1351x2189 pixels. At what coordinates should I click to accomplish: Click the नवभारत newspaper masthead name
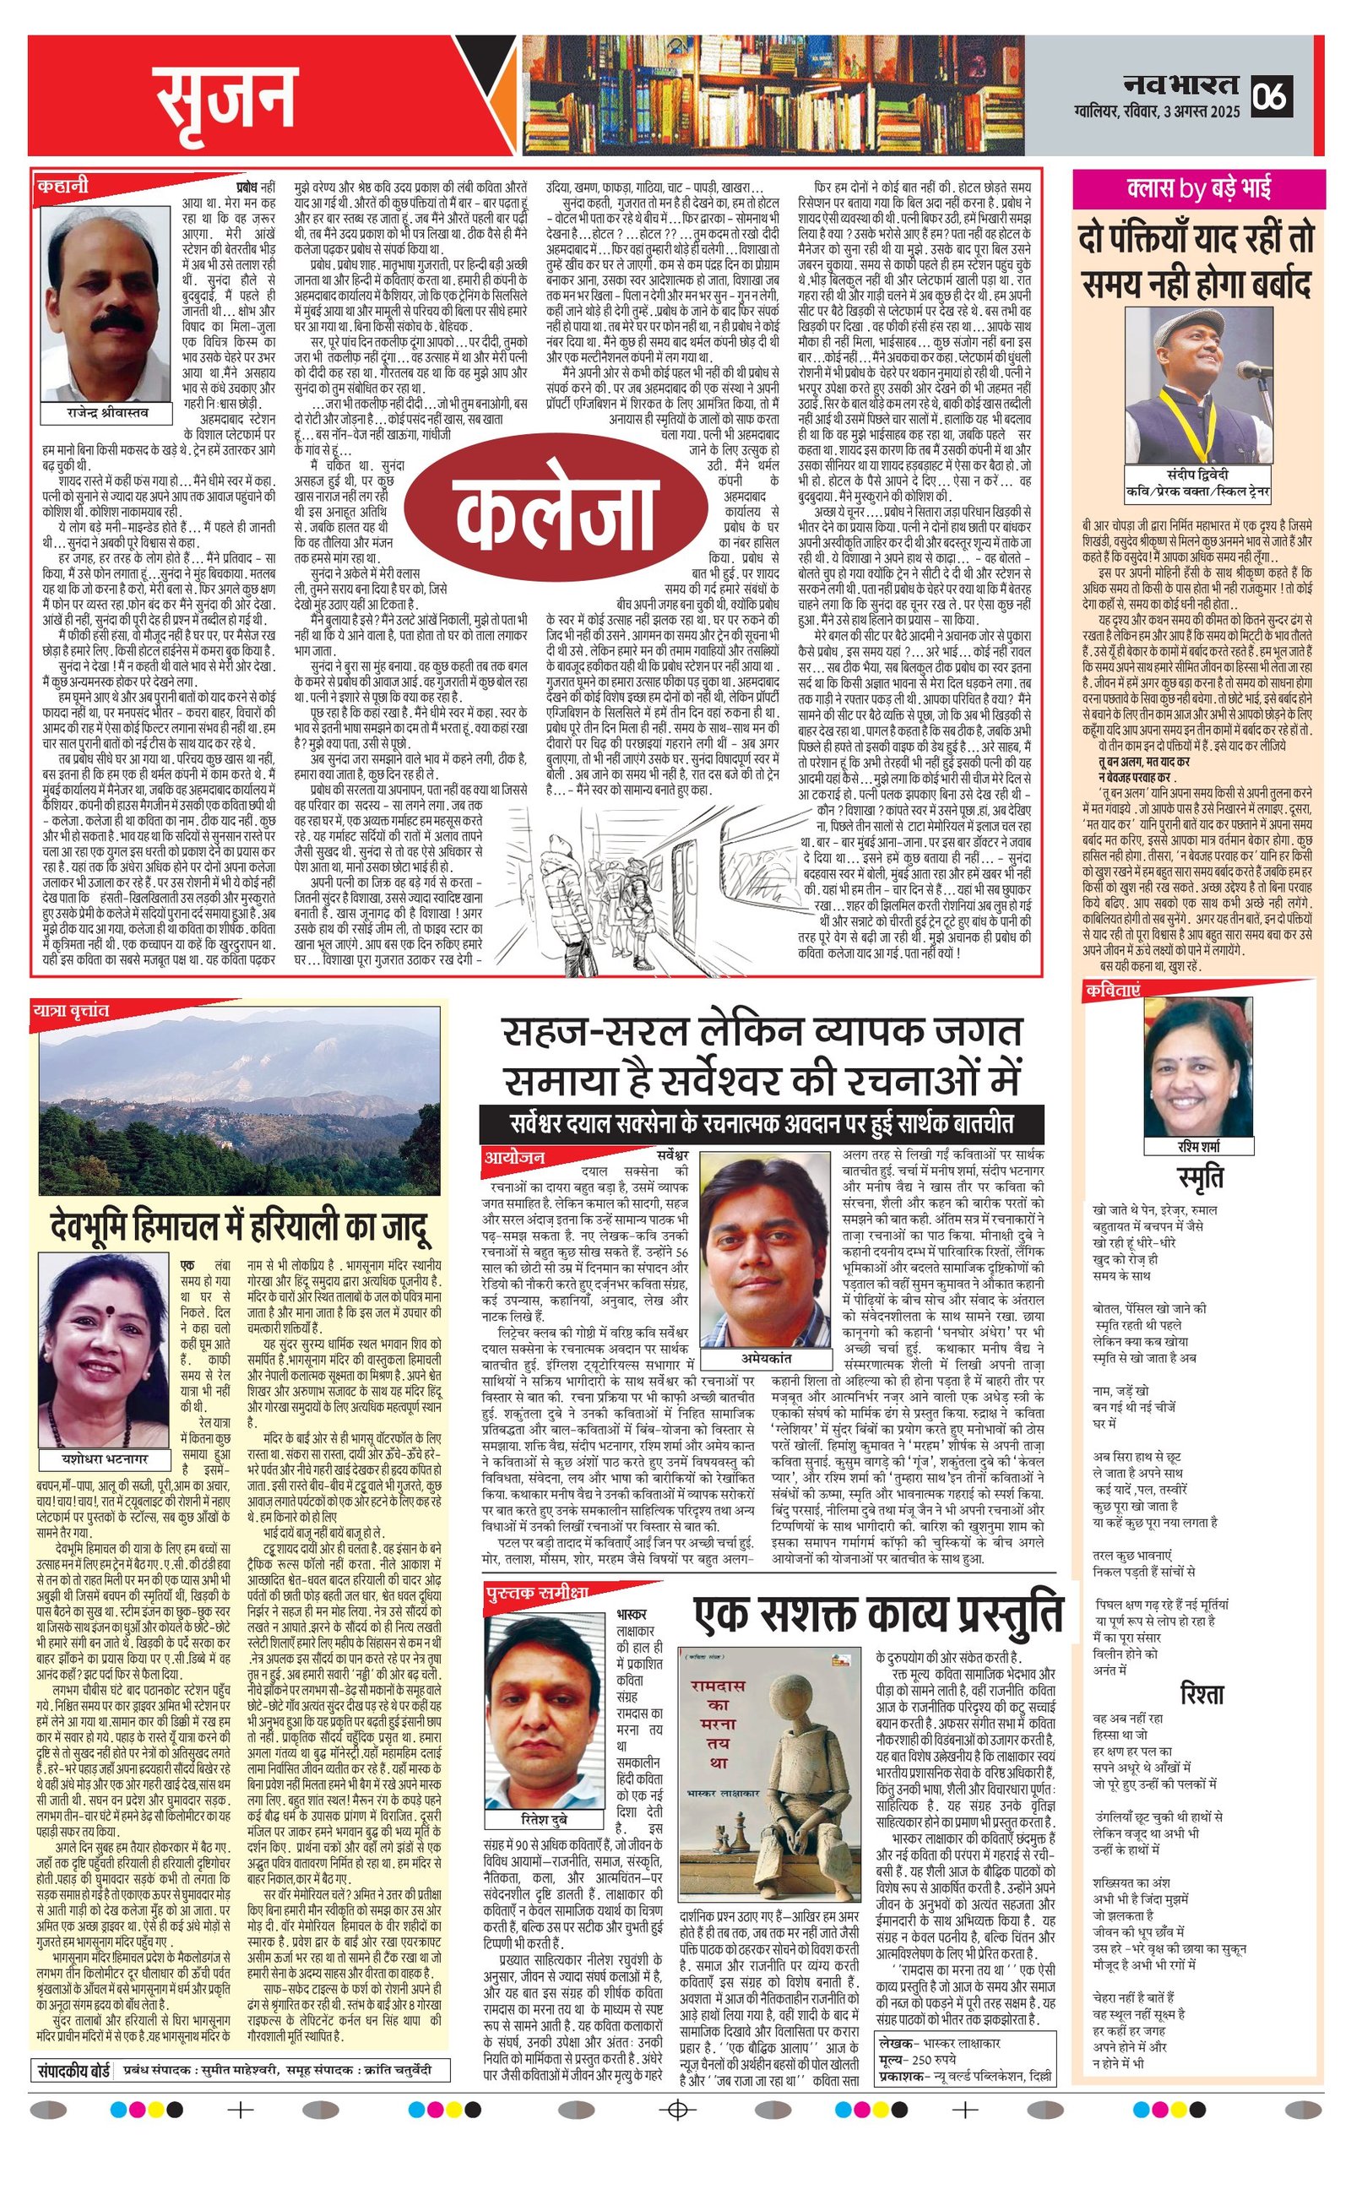tap(1181, 85)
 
